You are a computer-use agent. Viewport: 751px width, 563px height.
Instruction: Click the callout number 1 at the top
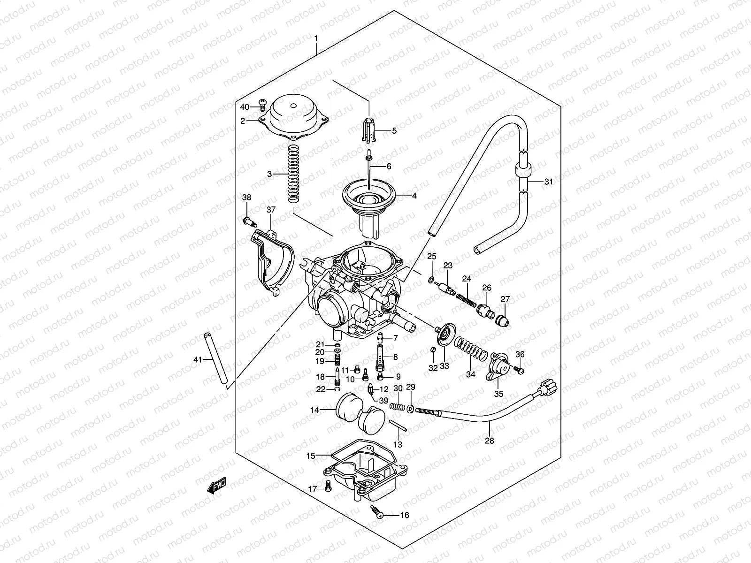pos(316,38)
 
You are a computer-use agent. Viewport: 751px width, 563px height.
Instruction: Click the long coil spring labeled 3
pos(293,174)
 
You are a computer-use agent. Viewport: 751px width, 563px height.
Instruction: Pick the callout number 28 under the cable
pos(490,441)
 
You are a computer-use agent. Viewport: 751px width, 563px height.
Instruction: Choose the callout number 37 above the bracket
pos(271,209)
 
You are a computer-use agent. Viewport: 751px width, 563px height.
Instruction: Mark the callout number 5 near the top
pos(394,131)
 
